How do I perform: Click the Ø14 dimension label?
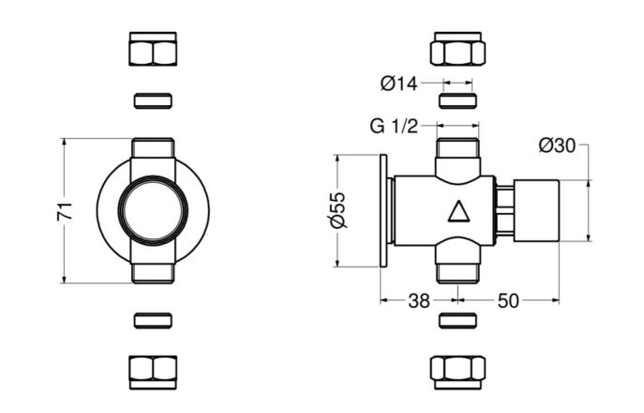pos(398,84)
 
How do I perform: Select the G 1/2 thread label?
pos(394,126)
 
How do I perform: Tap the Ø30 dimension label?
pos(557,145)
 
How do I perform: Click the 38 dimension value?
pos(419,301)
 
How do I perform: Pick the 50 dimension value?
pos(508,301)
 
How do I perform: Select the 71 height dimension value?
pos(65,211)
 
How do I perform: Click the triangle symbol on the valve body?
pos(458,211)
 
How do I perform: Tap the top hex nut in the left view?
pos(153,49)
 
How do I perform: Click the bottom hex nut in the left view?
pos(153,373)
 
